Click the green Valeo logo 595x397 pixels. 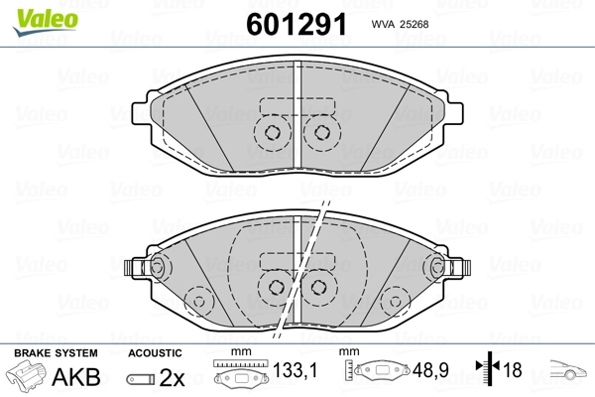click(46, 22)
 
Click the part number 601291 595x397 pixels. click(297, 24)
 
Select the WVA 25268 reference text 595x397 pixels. click(400, 24)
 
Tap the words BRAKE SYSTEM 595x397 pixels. click(56, 353)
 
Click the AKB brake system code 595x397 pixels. click(76, 377)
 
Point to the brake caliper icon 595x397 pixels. click(25, 375)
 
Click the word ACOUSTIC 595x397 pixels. click(155, 353)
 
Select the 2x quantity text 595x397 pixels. click(172, 377)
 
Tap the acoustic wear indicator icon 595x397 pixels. click(141, 379)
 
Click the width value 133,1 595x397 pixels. click(295, 370)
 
